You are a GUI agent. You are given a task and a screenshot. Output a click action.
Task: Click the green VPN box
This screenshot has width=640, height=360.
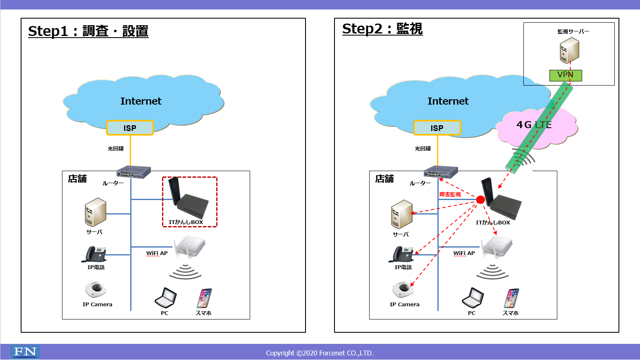[x=565, y=75]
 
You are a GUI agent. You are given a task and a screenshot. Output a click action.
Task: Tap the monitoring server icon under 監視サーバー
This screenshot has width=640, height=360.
[x=569, y=50]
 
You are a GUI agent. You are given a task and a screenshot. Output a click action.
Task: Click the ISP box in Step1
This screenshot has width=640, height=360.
[x=130, y=128]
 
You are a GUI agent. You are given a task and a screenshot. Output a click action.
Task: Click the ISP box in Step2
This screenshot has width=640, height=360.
[x=437, y=128]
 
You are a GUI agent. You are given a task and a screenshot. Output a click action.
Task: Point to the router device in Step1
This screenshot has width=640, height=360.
[x=134, y=172]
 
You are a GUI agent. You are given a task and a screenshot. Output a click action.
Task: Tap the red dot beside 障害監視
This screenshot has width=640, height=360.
[x=480, y=200]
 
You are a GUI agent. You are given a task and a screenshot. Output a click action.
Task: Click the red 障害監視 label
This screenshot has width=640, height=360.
[x=450, y=194]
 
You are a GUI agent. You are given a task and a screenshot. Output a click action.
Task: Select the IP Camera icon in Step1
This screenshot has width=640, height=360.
[x=96, y=289]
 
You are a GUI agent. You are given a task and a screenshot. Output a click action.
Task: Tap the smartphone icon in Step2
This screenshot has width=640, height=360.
[x=511, y=298]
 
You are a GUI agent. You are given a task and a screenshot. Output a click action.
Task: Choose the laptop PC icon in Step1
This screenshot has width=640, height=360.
[x=166, y=298]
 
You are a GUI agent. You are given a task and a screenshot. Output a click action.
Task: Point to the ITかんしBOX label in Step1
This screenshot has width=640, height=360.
[x=186, y=222]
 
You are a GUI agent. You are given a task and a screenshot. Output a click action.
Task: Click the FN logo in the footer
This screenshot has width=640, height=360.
[x=25, y=352]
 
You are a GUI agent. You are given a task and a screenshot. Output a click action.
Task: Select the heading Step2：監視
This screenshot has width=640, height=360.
[x=382, y=29]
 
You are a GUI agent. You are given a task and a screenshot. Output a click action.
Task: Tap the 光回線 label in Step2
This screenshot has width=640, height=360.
[x=423, y=149]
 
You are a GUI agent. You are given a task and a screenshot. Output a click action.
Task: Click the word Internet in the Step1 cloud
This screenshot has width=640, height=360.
[x=141, y=101]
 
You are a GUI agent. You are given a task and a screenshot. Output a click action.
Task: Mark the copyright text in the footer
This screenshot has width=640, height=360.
[x=320, y=353]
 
